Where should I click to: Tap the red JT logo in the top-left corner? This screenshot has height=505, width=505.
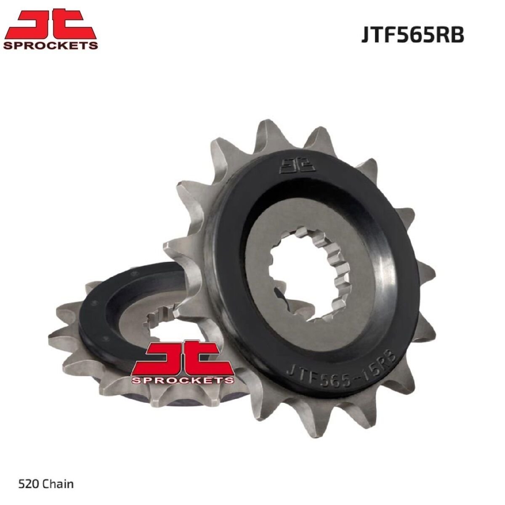[x=50, y=24]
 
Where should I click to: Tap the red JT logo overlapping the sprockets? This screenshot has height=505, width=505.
[x=183, y=356]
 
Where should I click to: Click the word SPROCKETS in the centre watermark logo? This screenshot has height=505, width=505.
[x=183, y=380]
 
